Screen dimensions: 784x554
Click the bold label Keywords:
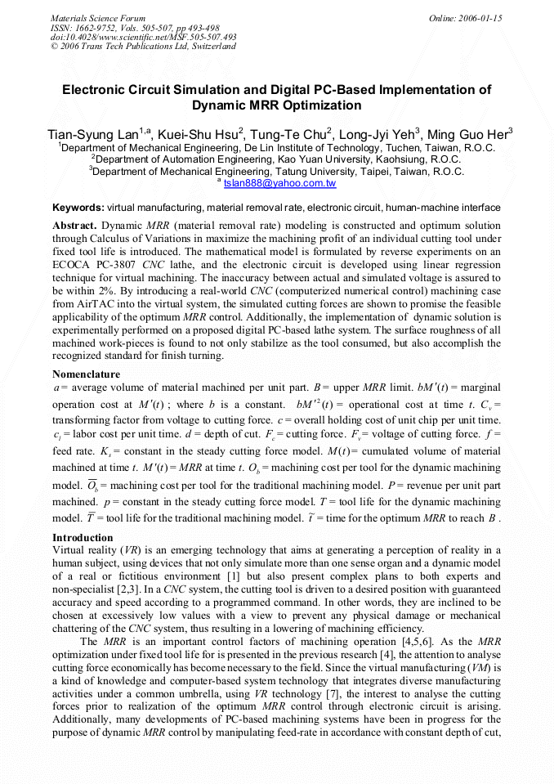coord(78,208)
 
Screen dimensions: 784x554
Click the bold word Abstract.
coord(74,224)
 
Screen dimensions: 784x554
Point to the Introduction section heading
coord(83,538)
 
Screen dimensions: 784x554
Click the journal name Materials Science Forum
coord(98,18)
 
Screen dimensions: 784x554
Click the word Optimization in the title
coord(321,105)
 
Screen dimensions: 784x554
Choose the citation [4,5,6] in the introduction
coord(403,641)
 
